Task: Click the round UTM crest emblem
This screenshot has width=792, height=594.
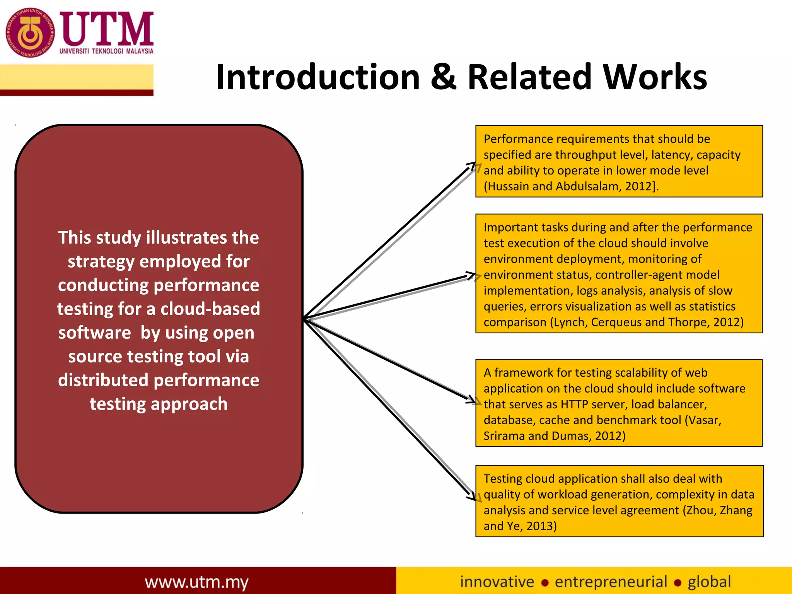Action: point(30,33)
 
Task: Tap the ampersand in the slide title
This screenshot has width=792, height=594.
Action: point(443,77)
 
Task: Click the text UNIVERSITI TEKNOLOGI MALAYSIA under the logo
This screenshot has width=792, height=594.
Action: point(106,51)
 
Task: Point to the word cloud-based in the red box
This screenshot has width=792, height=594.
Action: point(210,309)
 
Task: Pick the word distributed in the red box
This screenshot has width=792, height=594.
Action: point(103,380)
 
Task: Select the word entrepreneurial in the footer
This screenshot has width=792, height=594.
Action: point(611,582)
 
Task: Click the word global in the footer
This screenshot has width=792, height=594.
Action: point(709,582)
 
